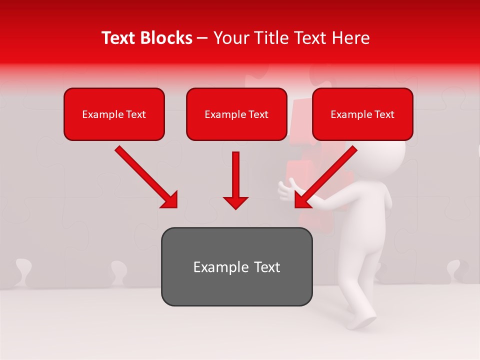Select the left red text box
[x=114, y=114]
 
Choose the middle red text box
[x=236, y=114]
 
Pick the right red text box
[x=362, y=114]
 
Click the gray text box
[x=236, y=266]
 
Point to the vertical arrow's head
[x=235, y=202]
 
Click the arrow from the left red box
[x=147, y=177]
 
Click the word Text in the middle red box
[x=258, y=114]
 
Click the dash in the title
[x=202, y=38]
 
